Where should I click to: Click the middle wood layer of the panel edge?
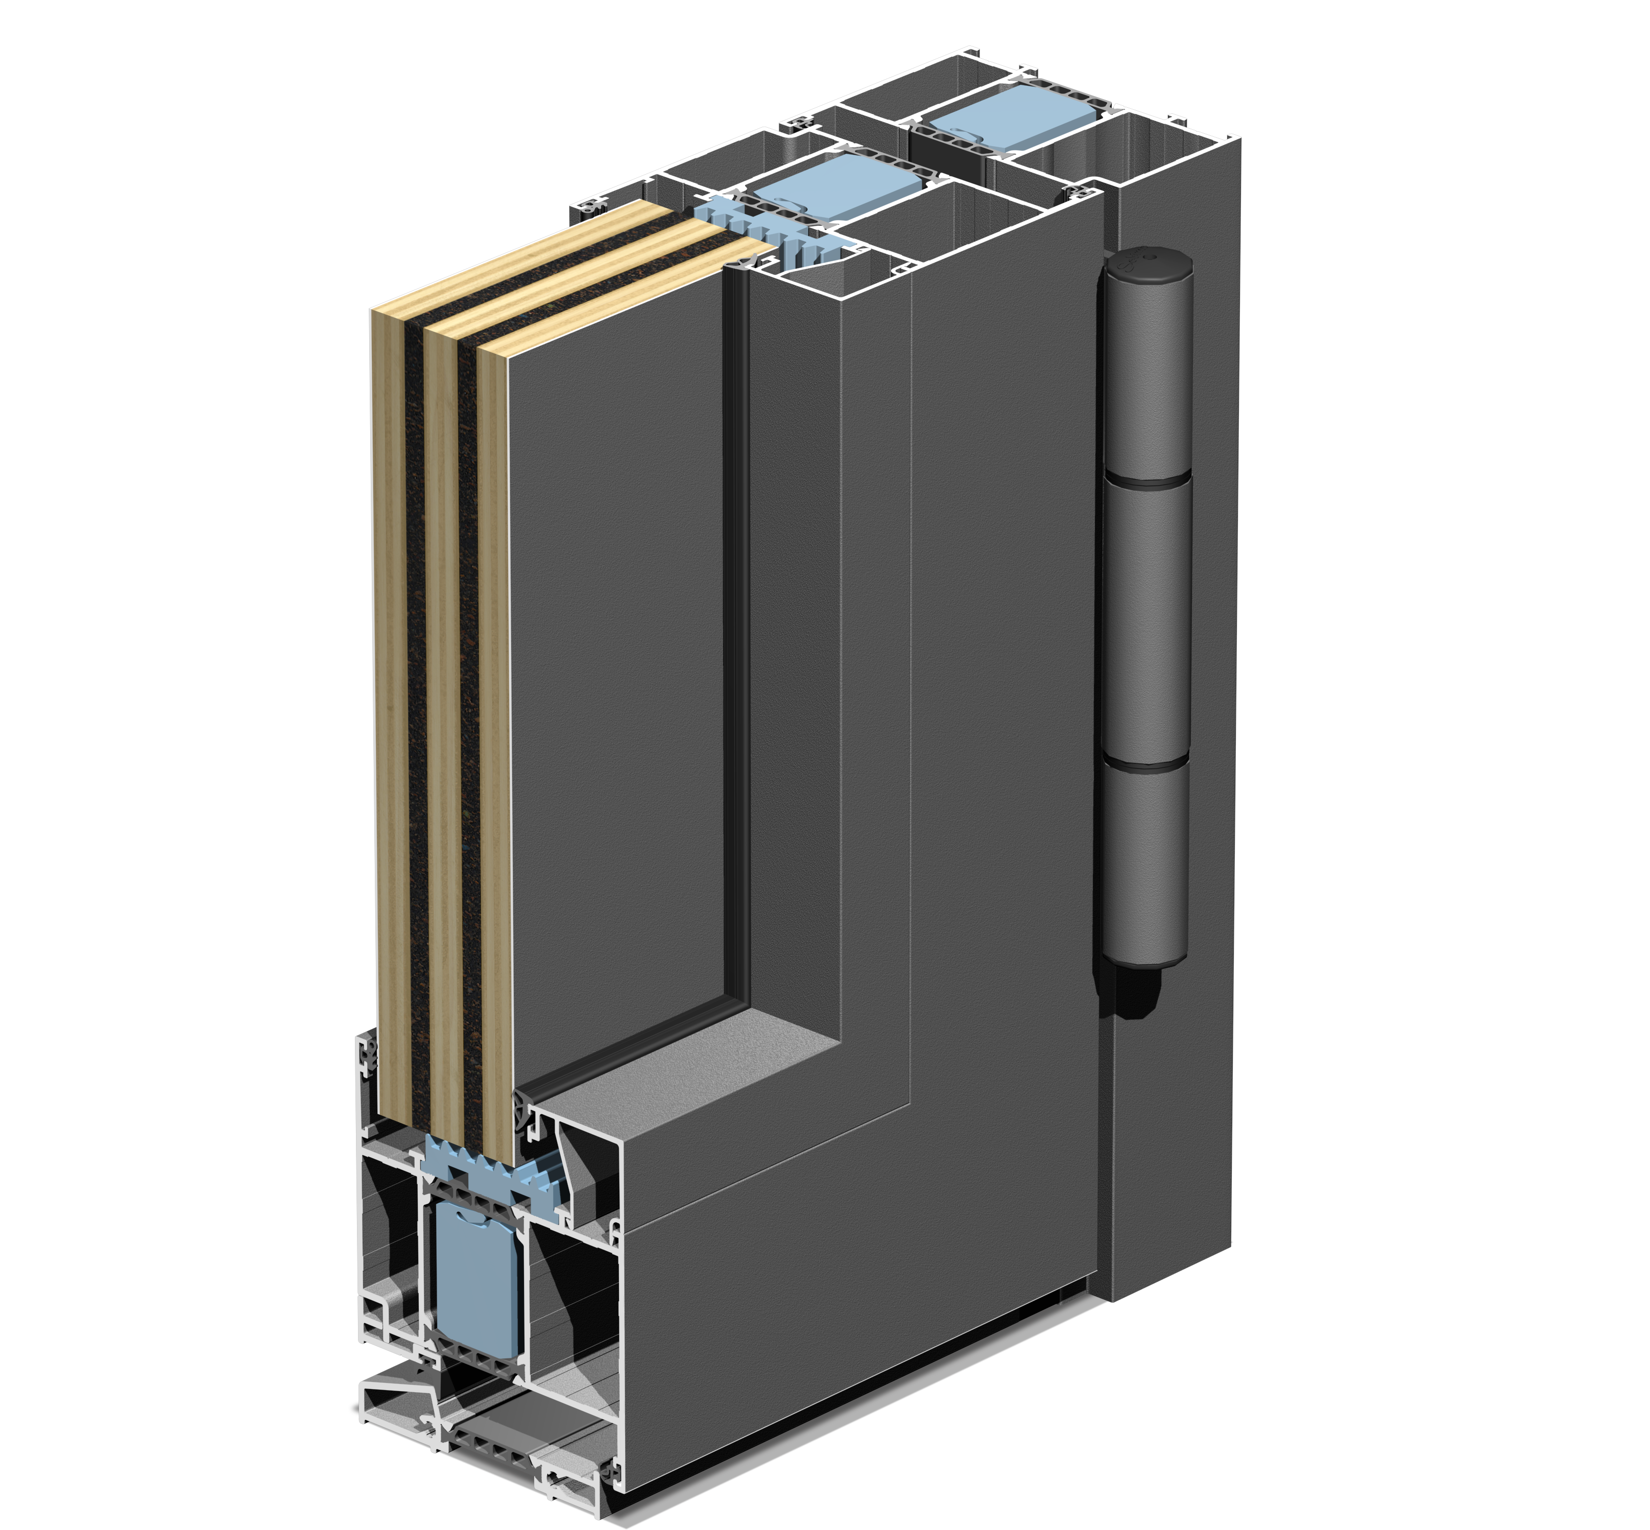pos(443,679)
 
